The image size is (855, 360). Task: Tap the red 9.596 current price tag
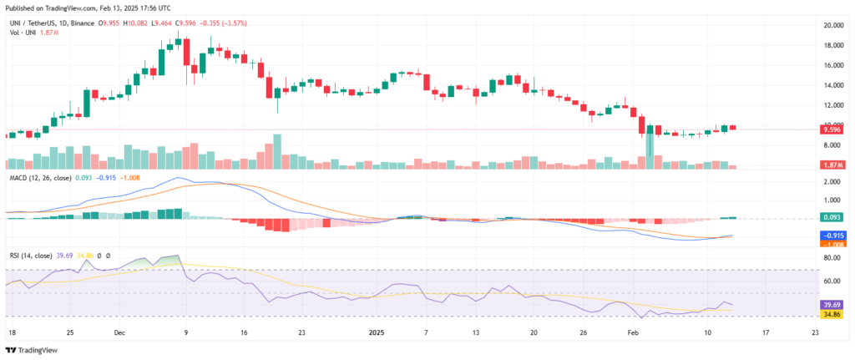[831, 129]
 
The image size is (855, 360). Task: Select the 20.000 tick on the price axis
[832, 25]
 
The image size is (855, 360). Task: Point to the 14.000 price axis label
[832, 85]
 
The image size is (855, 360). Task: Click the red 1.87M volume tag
[831, 167]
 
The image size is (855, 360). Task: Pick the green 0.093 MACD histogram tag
[831, 218]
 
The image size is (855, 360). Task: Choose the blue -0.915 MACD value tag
[831, 236]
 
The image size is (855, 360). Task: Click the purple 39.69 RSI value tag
[831, 305]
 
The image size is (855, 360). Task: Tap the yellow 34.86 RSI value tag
[831, 316]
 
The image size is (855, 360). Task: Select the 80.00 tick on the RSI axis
[831, 259]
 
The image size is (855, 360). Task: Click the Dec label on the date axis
[119, 332]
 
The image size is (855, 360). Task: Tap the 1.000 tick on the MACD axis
[831, 200]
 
